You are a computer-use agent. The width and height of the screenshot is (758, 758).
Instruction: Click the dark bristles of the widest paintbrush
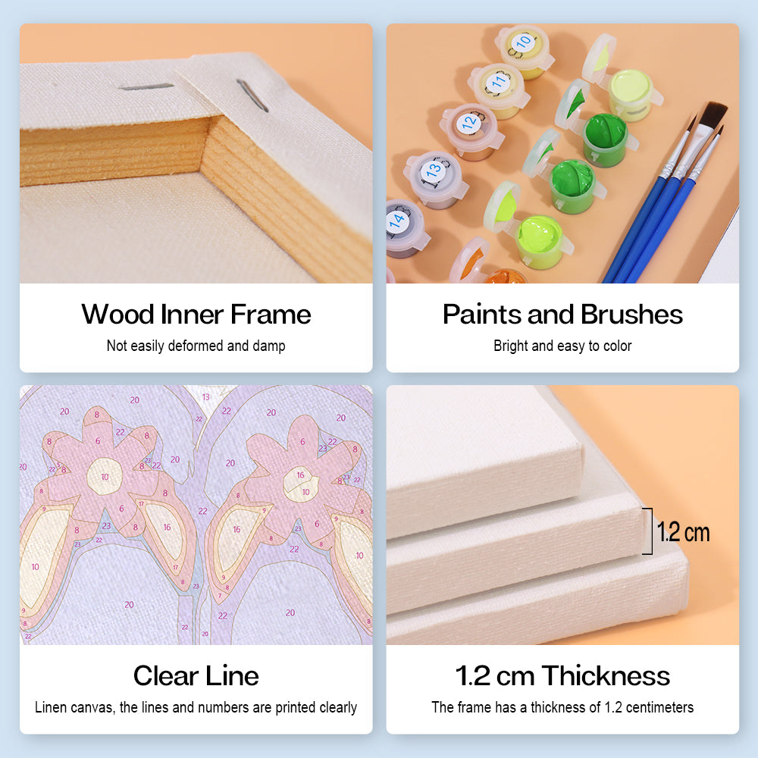tap(713, 119)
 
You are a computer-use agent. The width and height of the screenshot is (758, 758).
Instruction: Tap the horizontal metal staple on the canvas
tap(146, 87)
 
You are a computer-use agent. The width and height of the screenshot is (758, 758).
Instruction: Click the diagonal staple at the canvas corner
tap(252, 96)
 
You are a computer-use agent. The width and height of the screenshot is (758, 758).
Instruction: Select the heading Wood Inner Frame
tap(196, 315)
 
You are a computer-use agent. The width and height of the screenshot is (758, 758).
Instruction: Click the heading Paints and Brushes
tap(562, 315)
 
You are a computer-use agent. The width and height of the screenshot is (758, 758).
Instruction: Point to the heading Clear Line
tap(196, 676)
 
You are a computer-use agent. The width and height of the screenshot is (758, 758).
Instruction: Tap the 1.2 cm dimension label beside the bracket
tap(683, 532)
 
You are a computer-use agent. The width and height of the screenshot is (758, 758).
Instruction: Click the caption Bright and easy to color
tap(562, 346)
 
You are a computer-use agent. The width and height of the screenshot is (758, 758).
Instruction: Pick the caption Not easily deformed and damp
tap(196, 346)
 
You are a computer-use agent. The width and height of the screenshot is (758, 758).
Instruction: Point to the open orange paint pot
tap(503, 277)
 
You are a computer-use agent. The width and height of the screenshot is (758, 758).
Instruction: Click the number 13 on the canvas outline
tap(206, 397)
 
